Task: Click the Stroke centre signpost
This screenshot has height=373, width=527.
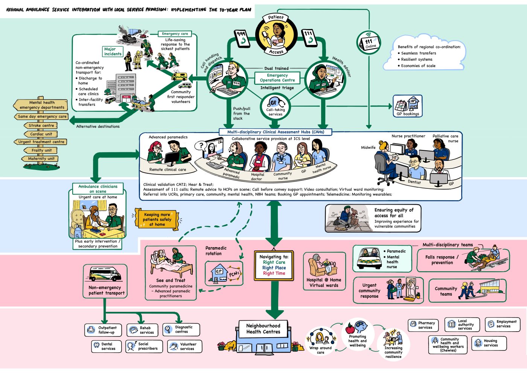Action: pos(41,125)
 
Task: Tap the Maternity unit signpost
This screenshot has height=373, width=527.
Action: pos(41,159)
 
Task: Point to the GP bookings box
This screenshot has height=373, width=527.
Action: pos(408,106)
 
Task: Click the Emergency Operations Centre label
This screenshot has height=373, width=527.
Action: pos(277,78)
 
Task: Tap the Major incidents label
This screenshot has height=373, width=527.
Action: pos(113,51)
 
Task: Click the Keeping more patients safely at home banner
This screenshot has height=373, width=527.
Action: pos(157,219)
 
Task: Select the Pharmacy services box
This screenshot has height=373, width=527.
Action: pos(423,325)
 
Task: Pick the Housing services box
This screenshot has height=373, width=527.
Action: pos(489,343)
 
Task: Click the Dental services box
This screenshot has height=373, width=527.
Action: pos(106,346)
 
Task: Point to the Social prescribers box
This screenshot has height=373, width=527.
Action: pos(145,346)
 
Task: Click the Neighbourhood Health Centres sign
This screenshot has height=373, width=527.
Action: pos(263,329)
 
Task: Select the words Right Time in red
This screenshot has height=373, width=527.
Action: pos(274,274)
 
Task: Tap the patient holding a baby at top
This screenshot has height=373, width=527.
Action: pos(276,34)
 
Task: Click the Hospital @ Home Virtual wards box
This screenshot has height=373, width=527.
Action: pos(324,271)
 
